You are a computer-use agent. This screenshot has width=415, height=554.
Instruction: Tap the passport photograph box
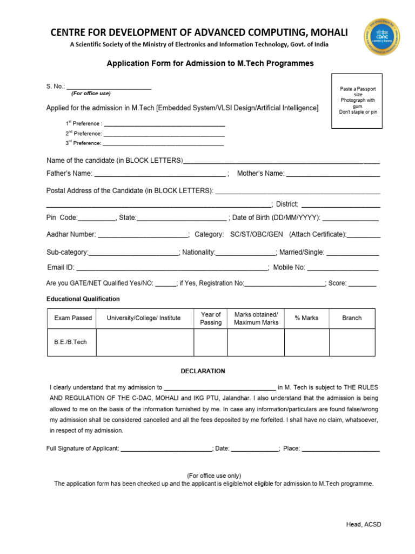point(358,101)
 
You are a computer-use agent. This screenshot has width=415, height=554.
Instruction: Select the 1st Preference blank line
point(164,125)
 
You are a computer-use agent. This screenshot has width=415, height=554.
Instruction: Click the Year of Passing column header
point(211,318)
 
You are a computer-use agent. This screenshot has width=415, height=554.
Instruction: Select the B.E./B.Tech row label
point(71,342)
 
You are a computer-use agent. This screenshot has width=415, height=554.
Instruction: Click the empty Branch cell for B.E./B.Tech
point(352,342)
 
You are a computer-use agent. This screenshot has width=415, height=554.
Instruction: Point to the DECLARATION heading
point(203,371)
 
